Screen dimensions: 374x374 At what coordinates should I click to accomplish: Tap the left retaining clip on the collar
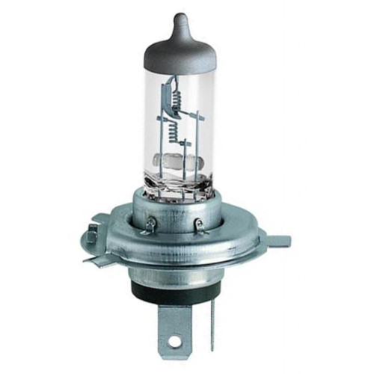point(150,222)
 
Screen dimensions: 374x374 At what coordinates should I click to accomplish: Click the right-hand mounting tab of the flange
point(275,241)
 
